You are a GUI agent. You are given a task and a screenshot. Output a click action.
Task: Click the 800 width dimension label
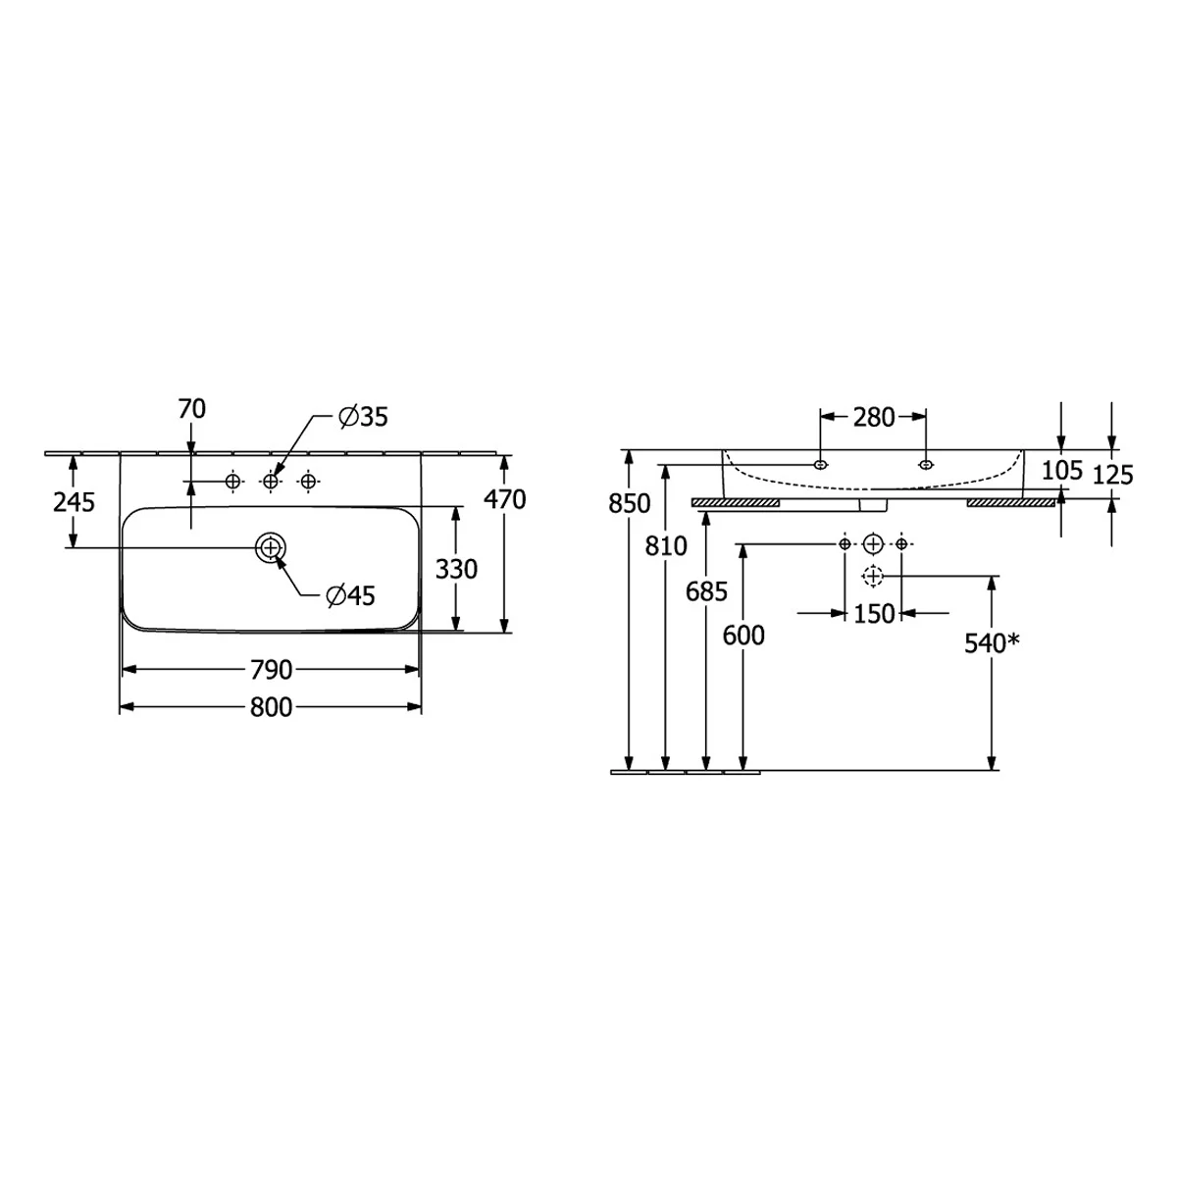point(271,707)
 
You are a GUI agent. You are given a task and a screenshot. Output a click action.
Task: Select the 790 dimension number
point(271,670)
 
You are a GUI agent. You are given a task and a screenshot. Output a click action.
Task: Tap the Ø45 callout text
point(350,595)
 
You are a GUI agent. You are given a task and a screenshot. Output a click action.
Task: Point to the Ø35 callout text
point(364,417)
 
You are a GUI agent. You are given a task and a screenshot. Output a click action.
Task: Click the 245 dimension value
point(74,502)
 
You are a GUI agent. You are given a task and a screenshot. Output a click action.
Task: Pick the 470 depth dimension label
point(504,499)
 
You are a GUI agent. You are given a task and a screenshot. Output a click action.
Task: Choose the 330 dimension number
point(456,569)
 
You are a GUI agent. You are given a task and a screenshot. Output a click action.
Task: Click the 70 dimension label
point(192,409)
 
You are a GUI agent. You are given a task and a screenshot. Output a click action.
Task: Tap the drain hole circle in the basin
point(270,548)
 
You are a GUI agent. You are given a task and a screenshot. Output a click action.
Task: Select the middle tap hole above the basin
point(271,482)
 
